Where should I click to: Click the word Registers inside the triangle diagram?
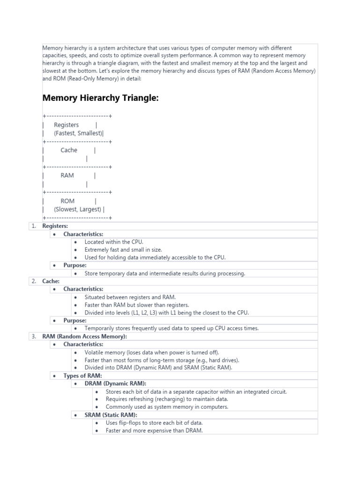[66, 125]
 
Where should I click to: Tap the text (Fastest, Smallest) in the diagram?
[77, 133]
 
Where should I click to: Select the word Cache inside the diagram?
[69, 150]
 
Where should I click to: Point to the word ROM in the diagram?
[67, 201]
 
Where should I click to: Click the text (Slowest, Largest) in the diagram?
[77, 210]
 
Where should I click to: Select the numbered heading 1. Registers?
[55, 226]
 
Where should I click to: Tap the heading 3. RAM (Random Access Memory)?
[84, 337]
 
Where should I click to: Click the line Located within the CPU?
[114, 242]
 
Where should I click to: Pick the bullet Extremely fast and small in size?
[123, 250]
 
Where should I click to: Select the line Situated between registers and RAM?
[130, 297]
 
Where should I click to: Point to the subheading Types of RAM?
[82, 376]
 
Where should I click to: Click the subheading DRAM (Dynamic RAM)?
[115, 383]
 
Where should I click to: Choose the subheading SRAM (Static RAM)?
[111, 415]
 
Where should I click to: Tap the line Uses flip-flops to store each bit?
[154, 423]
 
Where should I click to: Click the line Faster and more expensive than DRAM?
[154, 431]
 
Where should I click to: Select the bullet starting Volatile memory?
[151, 352]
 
